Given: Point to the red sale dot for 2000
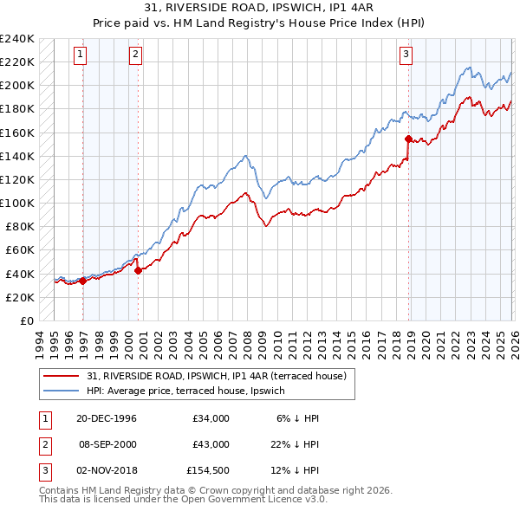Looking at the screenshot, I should click(x=139, y=269).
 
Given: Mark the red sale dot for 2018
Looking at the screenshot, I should click(x=408, y=138).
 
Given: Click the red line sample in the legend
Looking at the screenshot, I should click(x=62, y=376).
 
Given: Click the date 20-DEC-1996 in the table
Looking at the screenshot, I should click(x=107, y=418).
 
